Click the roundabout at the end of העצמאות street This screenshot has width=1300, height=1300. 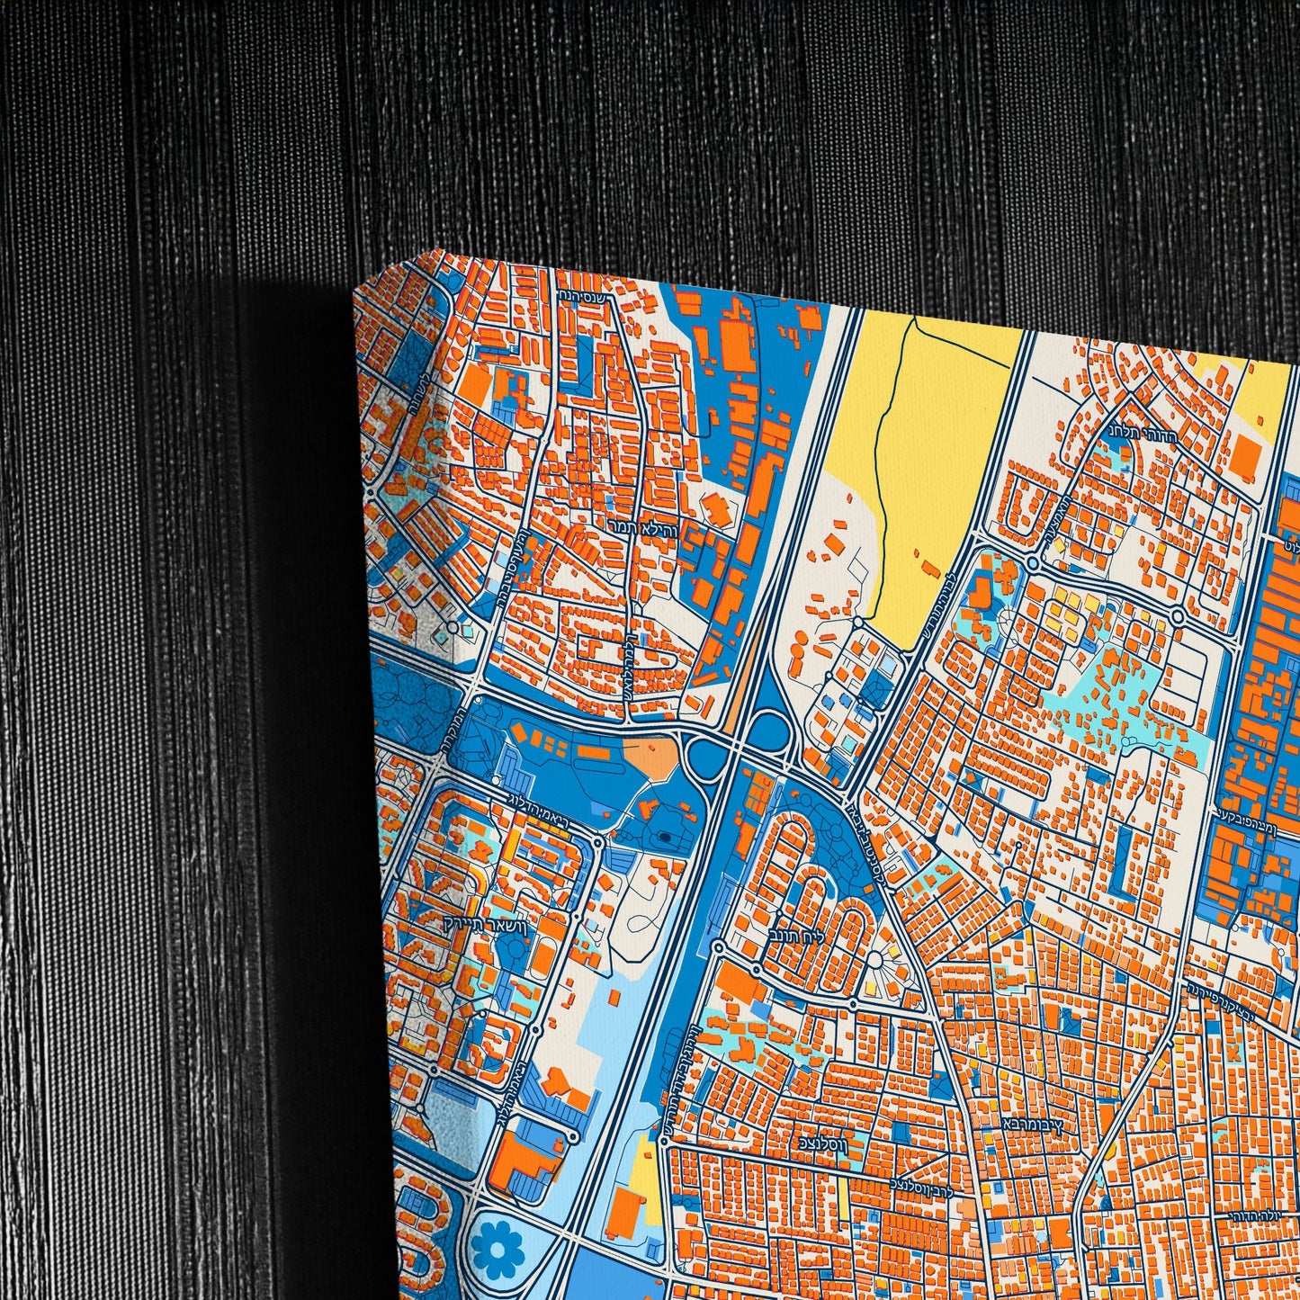[1033, 565]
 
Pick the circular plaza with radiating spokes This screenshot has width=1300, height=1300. [873, 959]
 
